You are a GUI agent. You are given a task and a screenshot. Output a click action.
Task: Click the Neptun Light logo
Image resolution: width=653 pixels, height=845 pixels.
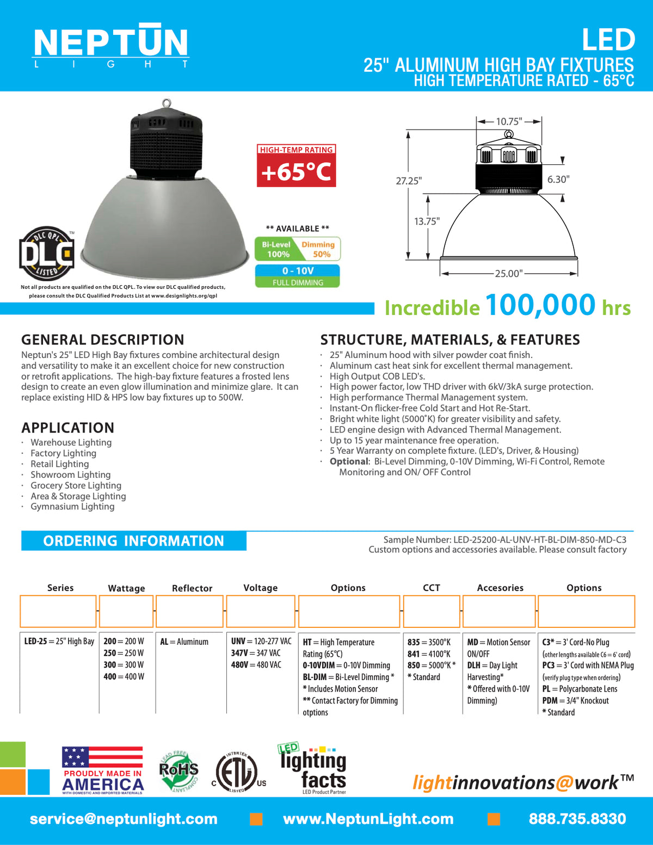click(111, 46)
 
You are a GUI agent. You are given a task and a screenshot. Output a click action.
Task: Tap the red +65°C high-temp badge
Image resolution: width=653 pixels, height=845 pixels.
click(296, 166)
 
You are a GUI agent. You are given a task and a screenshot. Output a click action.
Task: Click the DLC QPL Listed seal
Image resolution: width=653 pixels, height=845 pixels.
click(47, 254)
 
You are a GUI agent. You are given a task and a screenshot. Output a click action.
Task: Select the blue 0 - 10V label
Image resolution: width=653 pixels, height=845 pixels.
click(298, 270)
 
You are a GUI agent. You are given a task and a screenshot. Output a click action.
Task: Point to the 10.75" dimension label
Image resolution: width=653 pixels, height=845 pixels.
click(509, 121)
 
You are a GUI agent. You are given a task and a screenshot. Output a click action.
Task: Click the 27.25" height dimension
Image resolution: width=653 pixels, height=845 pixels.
click(409, 181)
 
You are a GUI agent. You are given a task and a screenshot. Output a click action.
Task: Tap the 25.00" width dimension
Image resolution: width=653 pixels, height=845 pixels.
click(508, 273)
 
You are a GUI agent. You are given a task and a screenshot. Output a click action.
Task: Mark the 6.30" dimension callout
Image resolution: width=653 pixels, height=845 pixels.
click(558, 180)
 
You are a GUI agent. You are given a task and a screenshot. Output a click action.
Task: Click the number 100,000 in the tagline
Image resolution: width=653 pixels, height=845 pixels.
click(540, 305)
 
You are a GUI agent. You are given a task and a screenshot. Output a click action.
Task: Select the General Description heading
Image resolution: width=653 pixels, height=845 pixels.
click(103, 340)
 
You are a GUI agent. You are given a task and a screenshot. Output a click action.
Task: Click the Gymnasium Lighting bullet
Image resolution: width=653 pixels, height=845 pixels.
click(72, 507)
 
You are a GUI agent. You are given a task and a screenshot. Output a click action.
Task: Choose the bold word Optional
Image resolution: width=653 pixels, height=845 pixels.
click(349, 461)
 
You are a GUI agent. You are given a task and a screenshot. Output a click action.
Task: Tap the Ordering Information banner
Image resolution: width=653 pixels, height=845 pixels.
click(134, 541)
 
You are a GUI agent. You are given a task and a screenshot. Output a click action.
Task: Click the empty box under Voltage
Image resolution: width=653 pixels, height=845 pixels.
click(261, 611)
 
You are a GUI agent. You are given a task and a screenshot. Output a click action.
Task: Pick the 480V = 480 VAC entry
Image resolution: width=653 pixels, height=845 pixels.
click(256, 665)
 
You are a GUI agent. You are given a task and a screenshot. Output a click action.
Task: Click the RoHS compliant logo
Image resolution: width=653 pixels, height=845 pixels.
click(178, 770)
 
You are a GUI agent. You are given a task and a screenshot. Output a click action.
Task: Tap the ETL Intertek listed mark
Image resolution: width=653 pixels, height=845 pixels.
click(238, 772)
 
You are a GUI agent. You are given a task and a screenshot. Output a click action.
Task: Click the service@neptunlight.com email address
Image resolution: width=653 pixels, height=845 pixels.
click(124, 819)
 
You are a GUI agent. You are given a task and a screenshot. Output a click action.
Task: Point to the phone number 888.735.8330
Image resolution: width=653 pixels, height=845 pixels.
click(577, 819)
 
